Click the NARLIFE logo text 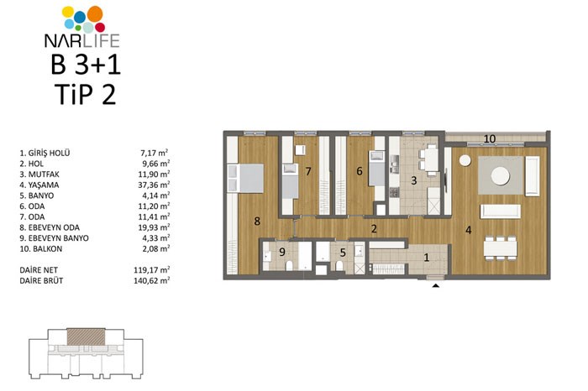81,40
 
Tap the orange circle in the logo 95,13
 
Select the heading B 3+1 86,64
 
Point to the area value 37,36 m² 154,185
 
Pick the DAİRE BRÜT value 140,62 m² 151,280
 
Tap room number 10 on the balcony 490,139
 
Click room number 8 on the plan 257,221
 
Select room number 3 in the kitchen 413,180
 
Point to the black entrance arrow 436,286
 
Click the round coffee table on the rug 501,175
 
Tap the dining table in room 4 501,248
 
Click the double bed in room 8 245,178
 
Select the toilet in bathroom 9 290,265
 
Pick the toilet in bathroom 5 339,266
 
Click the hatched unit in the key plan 86,336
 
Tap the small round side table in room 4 465,160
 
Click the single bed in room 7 290,181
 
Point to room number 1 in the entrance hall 426,258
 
